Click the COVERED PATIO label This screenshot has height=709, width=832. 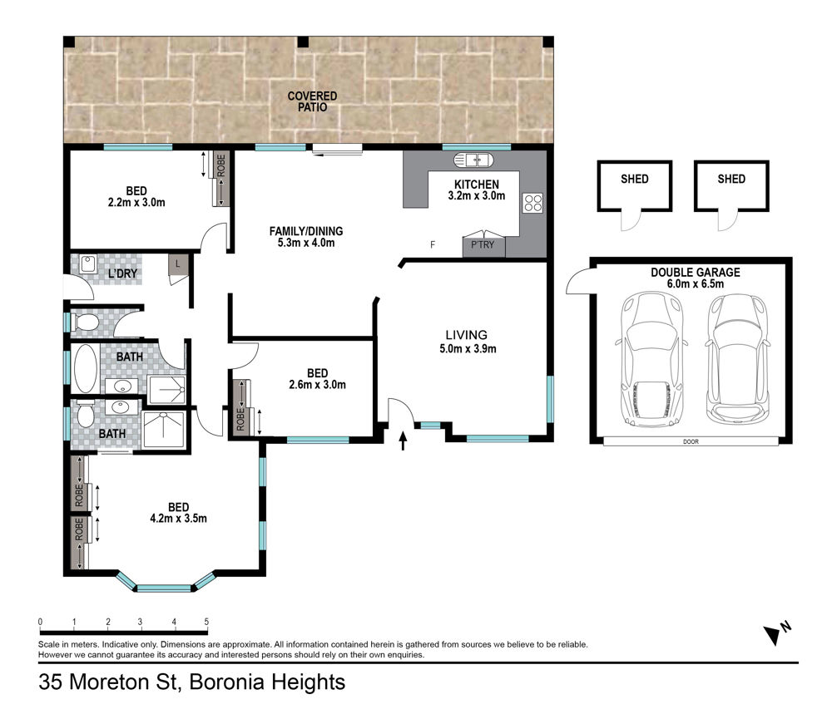pyautogui.click(x=312, y=101)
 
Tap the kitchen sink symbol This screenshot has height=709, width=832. pyautogui.click(x=473, y=159)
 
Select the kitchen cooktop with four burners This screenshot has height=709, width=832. pyautogui.click(x=532, y=203)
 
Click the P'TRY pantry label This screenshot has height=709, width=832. pyautogui.click(x=483, y=245)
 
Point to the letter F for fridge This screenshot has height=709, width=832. pyautogui.click(x=433, y=245)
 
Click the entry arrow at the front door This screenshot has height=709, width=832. pyautogui.click(x=403, y=441)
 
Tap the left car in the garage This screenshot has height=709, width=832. pyautogui.click(x=652, y=359)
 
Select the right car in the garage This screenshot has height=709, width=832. pyautogui.click(x=737, y=358)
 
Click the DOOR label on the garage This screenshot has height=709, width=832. pyautogui.click(x=691, y=441)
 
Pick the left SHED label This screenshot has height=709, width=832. pyautogui.click(x=635, y=179)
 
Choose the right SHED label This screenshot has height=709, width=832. pyautogui.click(x=731, y=179)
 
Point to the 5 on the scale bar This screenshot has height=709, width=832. pyautogui.click(x=206, y=622)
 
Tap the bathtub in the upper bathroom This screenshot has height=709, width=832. pyautogui.click(x=85, y=369)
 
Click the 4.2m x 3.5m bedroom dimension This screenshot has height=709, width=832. pyautogui.click(x=178, y=519)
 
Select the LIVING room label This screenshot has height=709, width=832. pyautogui.click(x=466, y=335)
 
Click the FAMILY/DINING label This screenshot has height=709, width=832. pyautogui.click(x=306, y=231)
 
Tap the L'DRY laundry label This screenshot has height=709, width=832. pyautogui.click(x=122, y=273)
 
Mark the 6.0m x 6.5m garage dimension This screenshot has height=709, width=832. pyautogui.click(x=695, y=284)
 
